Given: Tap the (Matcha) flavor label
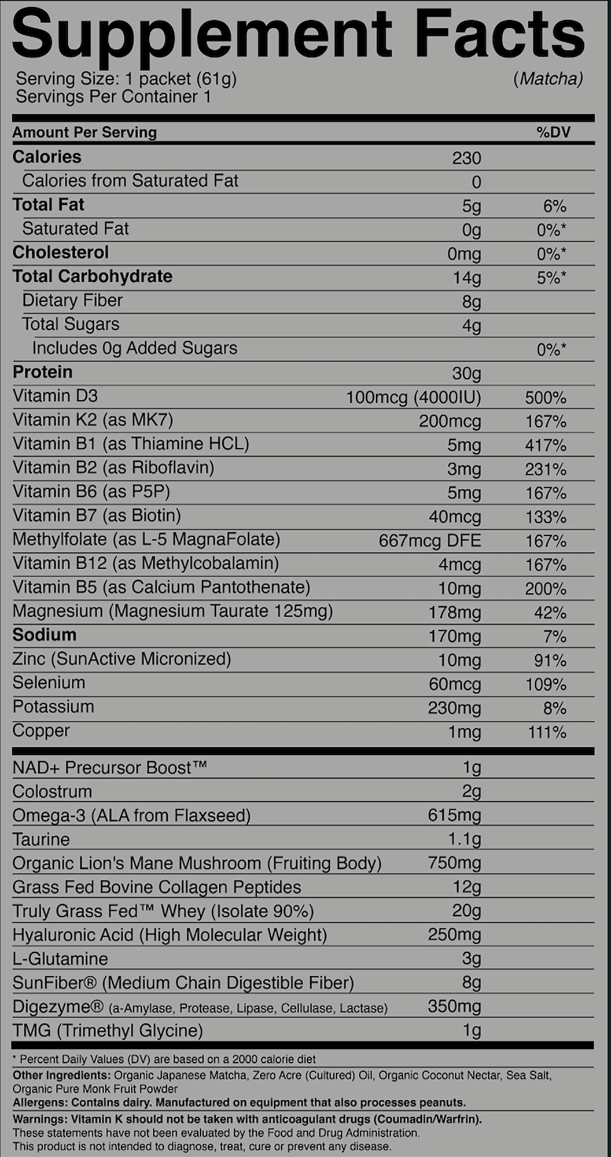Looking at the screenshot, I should point(548,79).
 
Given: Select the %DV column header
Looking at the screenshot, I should point(553,132).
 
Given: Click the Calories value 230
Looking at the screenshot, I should point(466,158).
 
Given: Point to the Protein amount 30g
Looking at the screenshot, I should point(466,373).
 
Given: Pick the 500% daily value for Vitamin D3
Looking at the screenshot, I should point(546,397).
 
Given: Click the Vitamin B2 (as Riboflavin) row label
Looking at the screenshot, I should point(113,467).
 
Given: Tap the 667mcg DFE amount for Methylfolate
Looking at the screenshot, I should point(429,540).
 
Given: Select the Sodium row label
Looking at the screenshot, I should point(45,635).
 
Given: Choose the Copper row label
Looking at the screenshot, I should point(41,730).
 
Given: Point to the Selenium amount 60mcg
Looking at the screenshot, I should point(454,684).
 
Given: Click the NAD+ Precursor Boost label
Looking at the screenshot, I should point(109,768).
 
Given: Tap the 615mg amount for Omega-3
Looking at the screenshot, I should point(454,815).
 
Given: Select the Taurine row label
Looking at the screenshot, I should point(41,839).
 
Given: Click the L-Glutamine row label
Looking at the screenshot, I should point(60,959).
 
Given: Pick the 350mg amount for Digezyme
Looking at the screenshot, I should point(454,1006).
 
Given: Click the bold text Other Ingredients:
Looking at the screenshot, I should point(61,1075).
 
